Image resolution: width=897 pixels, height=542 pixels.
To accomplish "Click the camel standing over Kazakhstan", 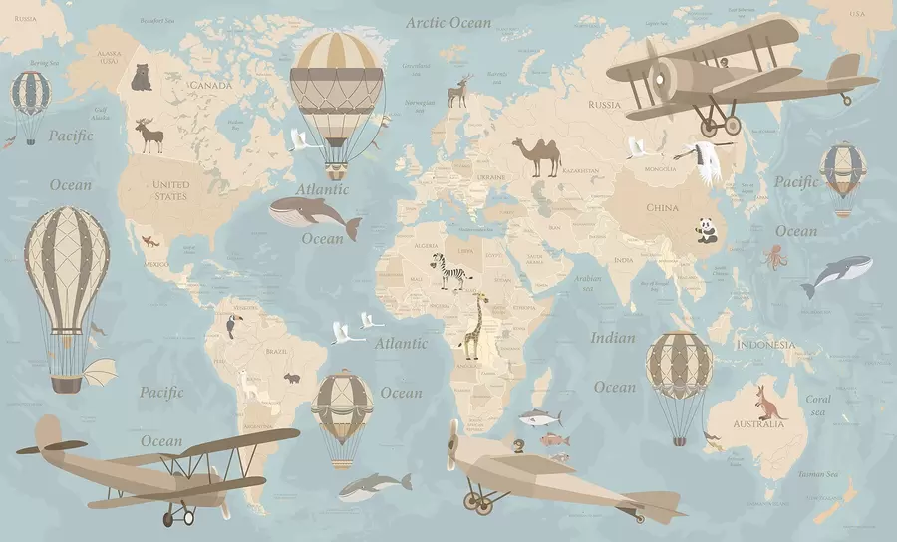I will coord(537,156).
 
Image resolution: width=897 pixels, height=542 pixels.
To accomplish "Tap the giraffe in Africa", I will coord(475,325).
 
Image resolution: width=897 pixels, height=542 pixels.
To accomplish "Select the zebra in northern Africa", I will coord(448,272).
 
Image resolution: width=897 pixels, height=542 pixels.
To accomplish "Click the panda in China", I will coord(707,232).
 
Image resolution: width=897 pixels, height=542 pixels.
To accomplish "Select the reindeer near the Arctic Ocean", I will coord(459,91).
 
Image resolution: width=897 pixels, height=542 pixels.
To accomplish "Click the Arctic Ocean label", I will coord(448,22).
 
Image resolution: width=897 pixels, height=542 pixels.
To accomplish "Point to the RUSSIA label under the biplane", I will coord(604,104).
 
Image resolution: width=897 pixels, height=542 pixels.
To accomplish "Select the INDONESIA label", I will coord(765,345).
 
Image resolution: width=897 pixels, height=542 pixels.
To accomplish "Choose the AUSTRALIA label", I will coord(758,424).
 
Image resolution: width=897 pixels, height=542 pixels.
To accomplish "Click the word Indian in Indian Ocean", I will coord(613,338).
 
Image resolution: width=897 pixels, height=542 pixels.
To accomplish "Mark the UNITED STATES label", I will coord(171,190).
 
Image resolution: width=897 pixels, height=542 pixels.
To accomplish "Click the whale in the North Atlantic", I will coord(314,214).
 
